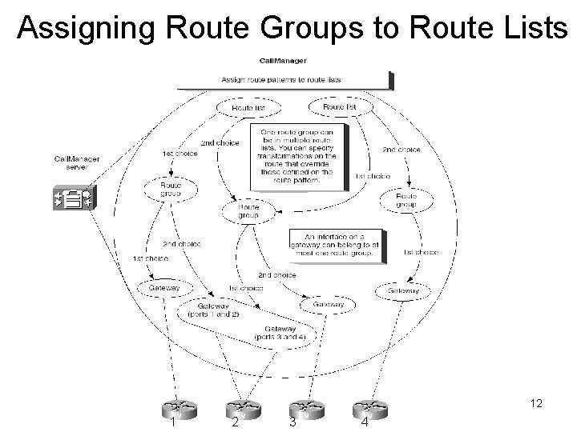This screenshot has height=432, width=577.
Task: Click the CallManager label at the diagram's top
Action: (282, 61)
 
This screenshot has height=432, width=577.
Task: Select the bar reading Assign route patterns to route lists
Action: (282, 80)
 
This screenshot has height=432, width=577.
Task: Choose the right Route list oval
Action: (339, 106)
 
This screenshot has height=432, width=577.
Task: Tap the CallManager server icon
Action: (75, 198)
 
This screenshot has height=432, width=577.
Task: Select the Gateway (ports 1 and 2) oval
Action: (212, 310)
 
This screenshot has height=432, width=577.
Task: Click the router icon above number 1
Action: (172, 406)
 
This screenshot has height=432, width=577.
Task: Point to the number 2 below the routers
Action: (234, 423)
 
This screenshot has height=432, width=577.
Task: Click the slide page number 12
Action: (536, 405)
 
